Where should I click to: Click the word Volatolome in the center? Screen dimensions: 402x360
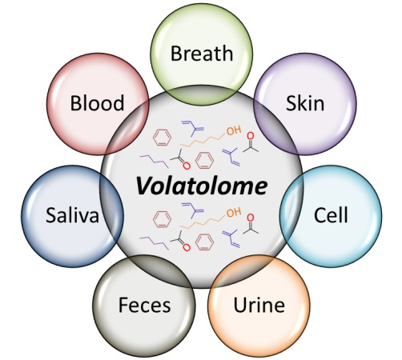point(202,186)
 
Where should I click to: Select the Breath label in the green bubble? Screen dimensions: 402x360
point(202,54)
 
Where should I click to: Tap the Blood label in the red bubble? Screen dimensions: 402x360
point(97,102)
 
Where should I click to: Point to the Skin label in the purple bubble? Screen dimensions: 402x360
point(305,102)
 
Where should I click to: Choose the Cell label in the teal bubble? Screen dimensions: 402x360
point(331,214)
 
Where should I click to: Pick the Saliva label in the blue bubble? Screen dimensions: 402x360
point(72,215)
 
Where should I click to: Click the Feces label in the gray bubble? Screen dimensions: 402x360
point(144,305)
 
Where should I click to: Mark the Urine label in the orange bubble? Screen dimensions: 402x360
point(259,305)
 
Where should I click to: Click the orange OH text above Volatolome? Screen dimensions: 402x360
point(234,130)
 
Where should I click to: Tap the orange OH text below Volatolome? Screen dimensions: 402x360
point(234,212)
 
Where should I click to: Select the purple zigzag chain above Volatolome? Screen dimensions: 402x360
point(155,162)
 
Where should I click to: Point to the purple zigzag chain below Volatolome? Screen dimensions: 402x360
point(155,243)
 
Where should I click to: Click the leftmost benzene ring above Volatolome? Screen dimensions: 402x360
point(162,138)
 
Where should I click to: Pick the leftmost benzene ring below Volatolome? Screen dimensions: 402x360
point(162,219)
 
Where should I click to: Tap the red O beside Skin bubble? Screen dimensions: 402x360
point(250,136)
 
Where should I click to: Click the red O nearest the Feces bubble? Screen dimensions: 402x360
point(187,247)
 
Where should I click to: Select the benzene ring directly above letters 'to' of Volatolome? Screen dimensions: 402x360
point(204,160)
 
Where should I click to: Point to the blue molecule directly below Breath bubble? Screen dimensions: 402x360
point(193,129)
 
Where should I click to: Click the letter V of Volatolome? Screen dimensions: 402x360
point(145,186)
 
